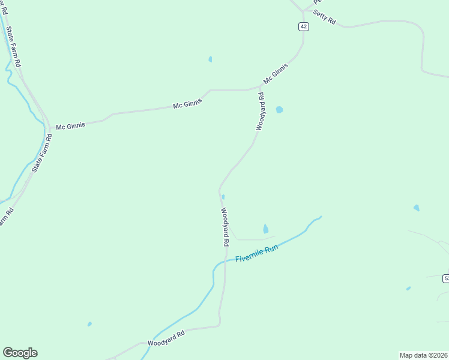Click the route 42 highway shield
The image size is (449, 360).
[x=303, y=26]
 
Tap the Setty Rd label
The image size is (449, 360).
[x=324, y=19]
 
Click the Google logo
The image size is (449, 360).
[x=20, y=353]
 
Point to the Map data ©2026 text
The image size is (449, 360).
[x=423, y=355]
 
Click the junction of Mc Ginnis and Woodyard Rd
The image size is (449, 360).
[x=260, y=88]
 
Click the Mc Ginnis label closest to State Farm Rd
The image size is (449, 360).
[x=71, y=126]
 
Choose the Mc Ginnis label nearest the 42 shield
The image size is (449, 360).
[x=276, y=74]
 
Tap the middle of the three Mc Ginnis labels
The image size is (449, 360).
[x=187, y=104]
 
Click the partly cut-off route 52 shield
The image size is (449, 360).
[x=446, y=278]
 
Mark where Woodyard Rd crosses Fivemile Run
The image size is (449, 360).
[x=226, y=261]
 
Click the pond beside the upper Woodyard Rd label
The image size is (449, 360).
[x=279, y=110]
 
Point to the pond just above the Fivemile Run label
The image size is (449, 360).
[x=265, y=229]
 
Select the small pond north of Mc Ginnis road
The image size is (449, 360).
[x=210, y=59]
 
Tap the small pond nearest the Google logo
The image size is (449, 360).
[x=89, y=324]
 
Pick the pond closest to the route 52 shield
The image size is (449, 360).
[x=408, y=289]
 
